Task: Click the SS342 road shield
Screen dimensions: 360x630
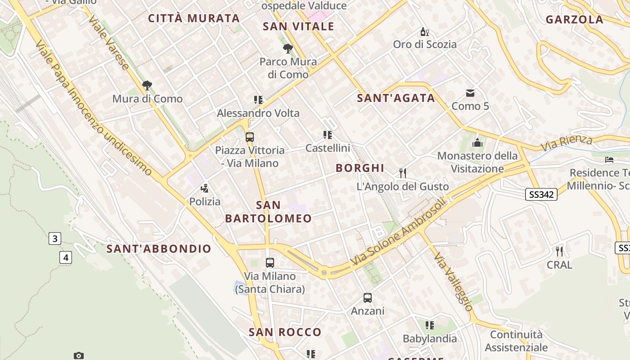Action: [541, 194]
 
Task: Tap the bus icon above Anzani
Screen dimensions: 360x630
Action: [368, 297]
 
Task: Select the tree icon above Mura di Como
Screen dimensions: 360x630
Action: [147, 85]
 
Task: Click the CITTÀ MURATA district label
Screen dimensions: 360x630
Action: [194, 18]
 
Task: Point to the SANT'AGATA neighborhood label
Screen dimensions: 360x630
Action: [396, 98]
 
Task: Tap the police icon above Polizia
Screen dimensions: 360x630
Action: [205, 188]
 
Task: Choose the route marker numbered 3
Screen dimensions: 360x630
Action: [55, 238]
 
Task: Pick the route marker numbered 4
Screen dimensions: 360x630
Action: [66, 258]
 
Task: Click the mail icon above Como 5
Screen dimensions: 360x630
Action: [470, 93]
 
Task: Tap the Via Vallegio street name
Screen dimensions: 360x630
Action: [453, 282]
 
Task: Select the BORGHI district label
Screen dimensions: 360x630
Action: [360, 168]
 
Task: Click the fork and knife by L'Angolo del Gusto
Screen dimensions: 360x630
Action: [403, 173]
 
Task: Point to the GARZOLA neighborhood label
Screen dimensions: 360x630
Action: [575, 19]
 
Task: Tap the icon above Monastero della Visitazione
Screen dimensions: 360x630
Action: [477, 143]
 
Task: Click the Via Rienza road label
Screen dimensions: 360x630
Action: [567, 143]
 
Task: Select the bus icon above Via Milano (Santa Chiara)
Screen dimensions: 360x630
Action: [270, 263]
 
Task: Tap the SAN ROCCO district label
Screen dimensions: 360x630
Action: [285, 333]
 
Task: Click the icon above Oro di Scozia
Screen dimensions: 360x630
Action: [424, 31]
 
